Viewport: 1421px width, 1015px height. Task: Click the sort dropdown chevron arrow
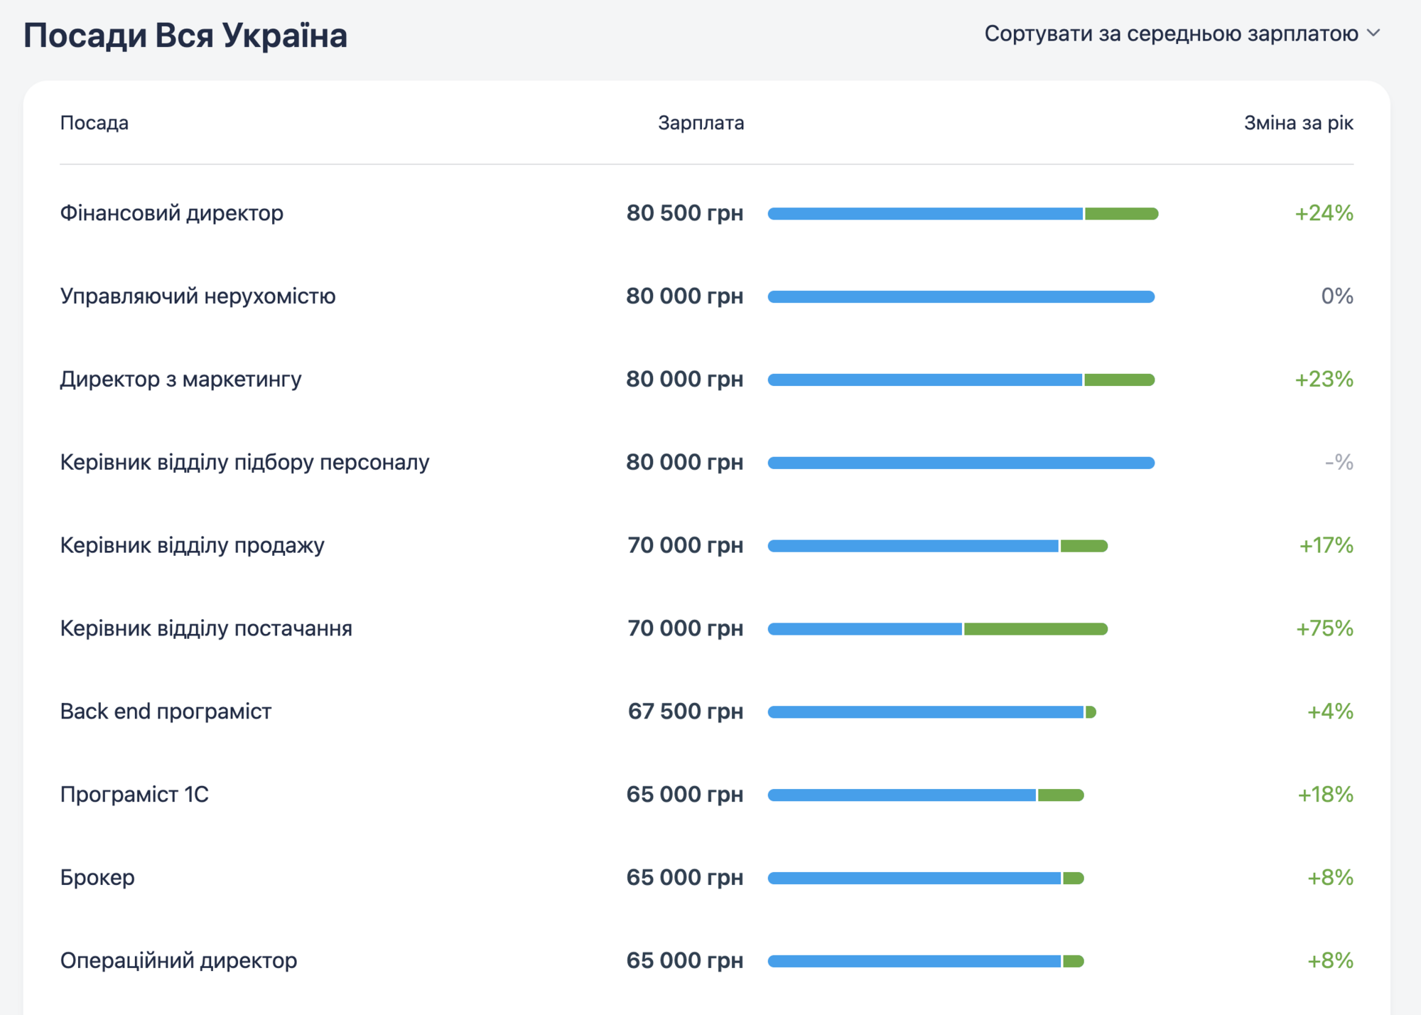(1373, 33)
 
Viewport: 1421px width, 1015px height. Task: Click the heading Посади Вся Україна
(185, 35)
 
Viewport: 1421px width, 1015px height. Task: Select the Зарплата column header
(701, 123)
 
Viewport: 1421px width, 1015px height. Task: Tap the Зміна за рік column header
(1298, 123)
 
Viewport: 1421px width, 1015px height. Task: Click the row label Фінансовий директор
(171, 213)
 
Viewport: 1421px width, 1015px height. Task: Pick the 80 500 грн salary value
(684, 213)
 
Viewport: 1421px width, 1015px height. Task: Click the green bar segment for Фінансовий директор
(1120, 214)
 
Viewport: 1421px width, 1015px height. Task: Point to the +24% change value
(1324, 213)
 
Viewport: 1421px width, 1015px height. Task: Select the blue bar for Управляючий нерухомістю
(961, 296)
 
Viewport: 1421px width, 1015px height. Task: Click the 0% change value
(1336, 296)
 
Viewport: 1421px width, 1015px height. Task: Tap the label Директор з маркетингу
(180, 380)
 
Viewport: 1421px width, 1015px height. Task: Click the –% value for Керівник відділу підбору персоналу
(1339, 463)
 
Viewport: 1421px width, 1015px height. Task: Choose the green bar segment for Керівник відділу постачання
(1035, 629)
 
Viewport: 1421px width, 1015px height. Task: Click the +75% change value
(1324, 628)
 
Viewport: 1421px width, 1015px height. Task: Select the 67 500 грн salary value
(685, 711)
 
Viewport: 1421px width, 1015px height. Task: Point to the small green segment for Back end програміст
(1091, 712)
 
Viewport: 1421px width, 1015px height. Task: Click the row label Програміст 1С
(134, 795)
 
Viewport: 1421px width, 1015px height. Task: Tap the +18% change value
(1325, 795)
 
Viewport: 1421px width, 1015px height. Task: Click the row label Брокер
(97, 878)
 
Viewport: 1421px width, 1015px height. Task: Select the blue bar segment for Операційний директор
(914, 962)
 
